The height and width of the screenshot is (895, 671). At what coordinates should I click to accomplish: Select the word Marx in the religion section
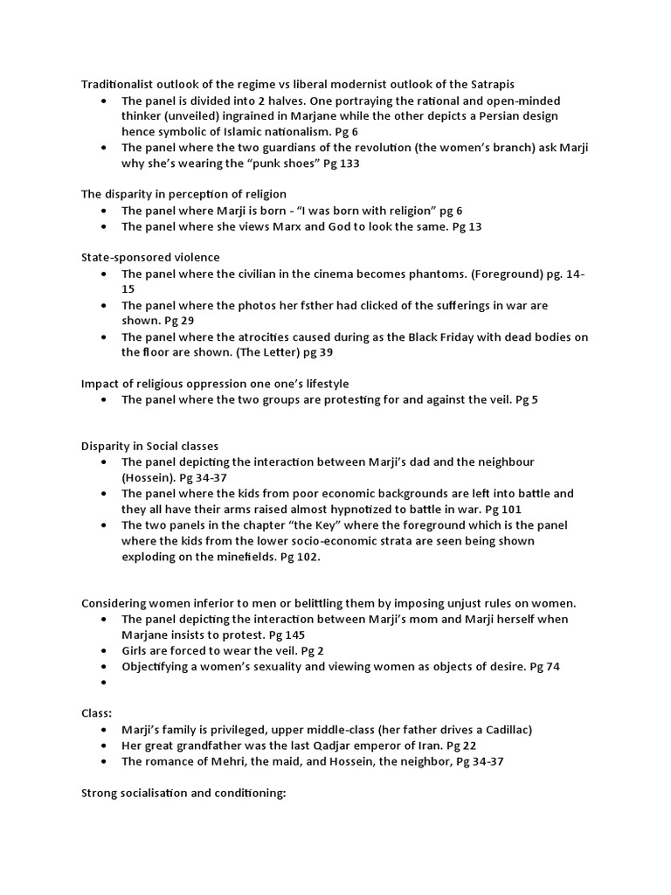click(319, 226)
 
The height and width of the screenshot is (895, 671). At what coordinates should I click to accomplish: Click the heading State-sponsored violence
click(150, 257)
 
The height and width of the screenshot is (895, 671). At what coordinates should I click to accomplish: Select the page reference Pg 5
click(526, 399)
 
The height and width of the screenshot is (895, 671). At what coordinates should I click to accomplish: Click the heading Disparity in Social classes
click(150, 446)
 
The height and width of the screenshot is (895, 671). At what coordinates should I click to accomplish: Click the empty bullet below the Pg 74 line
click(104, 683)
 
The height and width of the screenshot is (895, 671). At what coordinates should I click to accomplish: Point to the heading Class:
click(97, 713)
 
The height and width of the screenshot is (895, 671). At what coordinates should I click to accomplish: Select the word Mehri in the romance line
click(218, 760)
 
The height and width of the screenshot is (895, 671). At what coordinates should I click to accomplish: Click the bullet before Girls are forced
click(104, 651)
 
